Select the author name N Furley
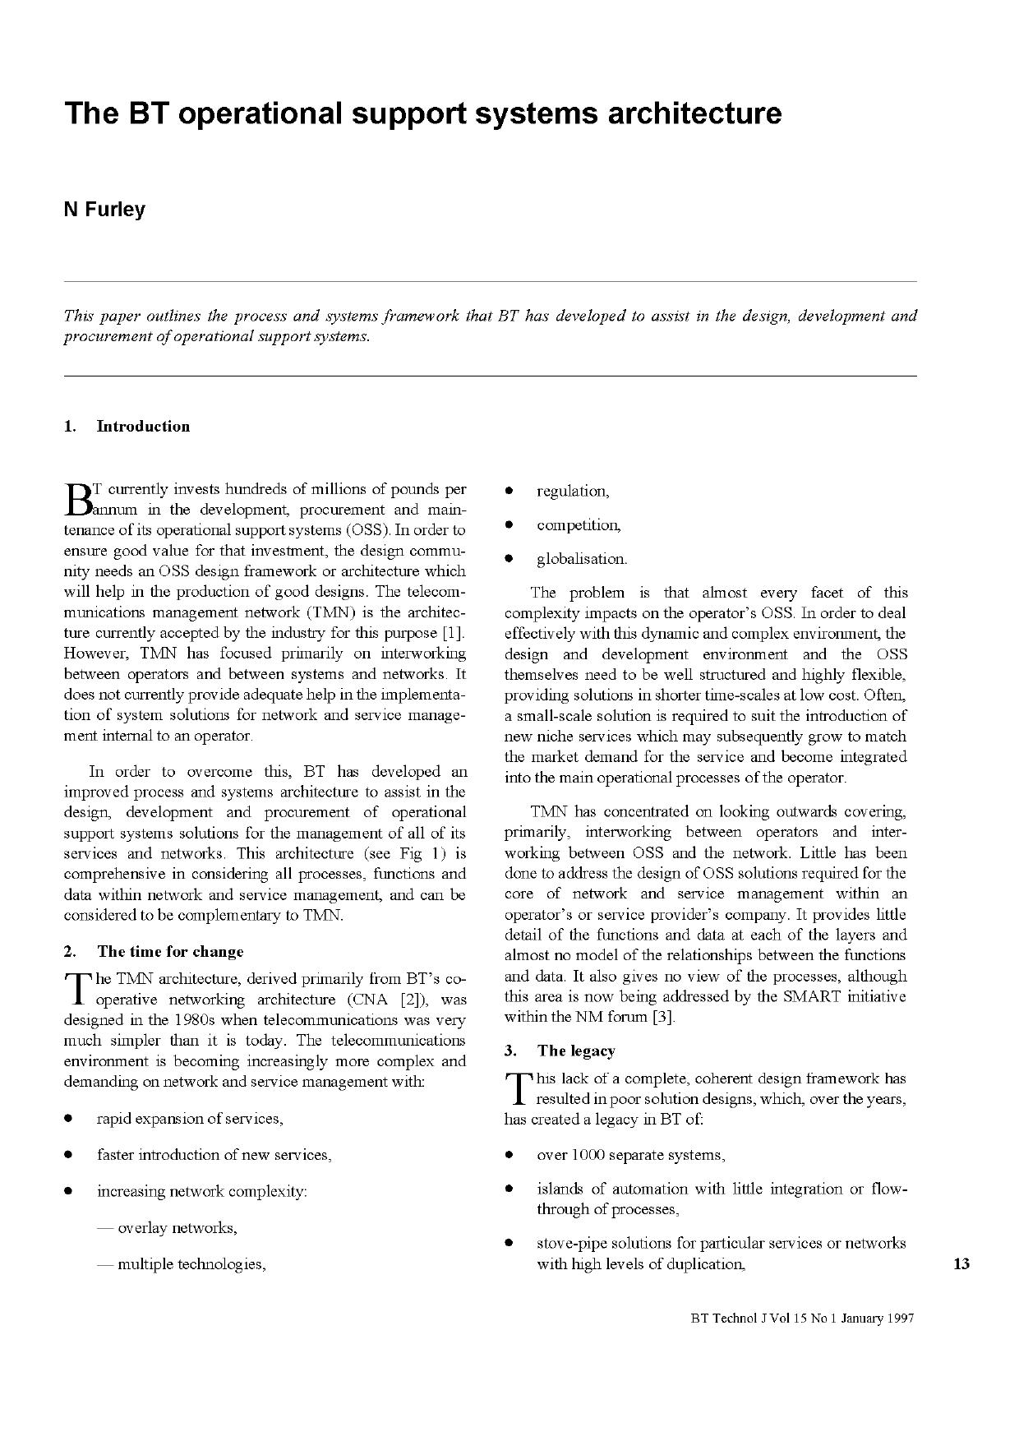pos(104,210)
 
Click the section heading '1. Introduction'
pos(127,426)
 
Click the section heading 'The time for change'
pos(170,951)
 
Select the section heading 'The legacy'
pos(575,1051)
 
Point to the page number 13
pos(961,1263)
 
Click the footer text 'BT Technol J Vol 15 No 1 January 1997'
pos(802,1318)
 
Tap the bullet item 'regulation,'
pos(573,492)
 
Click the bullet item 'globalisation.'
pos(582,559)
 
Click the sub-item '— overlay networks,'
pos(167,1227)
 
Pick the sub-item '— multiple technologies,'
pos(182,1263)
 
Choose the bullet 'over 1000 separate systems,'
pos(630,1154)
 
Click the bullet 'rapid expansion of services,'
pos(190,1118)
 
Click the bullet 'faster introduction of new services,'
pos(214,1154)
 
